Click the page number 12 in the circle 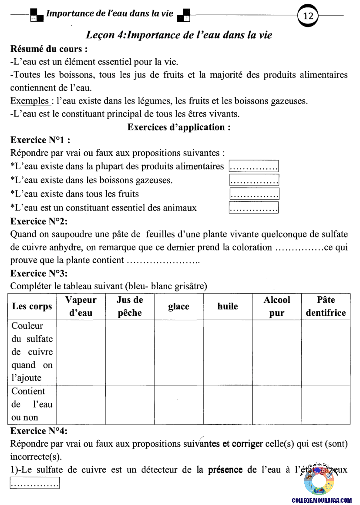[x=308, y=17]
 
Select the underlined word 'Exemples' [x=29, y=101]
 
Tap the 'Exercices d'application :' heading [x=178, y=127]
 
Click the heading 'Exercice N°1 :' [x=40, y=140]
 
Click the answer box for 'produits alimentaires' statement [x=254, y=166]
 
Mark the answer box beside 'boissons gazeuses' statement [x=254, y=180]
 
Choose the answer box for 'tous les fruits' [x=254, y=194]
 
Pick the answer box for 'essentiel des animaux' [x=254, y=208]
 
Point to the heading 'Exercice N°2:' [x=39, y=221]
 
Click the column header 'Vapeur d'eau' [x=81, y=306]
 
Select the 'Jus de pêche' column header [x=130, y=306]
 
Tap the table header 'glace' [x=178, y=307]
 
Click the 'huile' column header [x=228, y=307]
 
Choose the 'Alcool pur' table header [x=277, y=306]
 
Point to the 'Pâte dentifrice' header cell [x=326, y=306]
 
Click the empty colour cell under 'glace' [x=178, y=352]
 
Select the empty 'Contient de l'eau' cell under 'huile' [x=228, y=405]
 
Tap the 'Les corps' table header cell [x=32, y=307]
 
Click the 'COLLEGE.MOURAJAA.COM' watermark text [x=322, y=501]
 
